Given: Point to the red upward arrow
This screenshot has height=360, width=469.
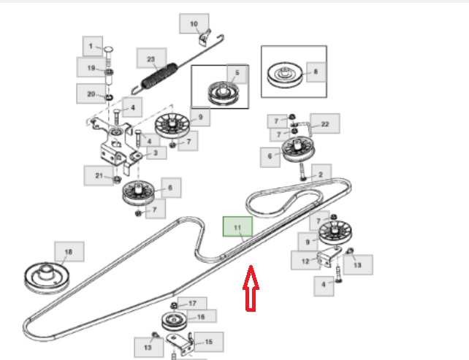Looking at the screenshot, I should (x=250, y=288).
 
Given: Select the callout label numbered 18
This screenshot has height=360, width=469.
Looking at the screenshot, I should (x=69, y=253).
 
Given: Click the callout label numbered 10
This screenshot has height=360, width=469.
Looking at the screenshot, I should (x=194, y=24).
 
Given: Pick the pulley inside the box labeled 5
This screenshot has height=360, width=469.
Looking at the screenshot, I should (x=219, y=92).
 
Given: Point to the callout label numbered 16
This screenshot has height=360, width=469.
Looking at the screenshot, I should (x=202, y=316).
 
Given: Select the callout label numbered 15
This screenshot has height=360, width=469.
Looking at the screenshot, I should (x=208, y=341).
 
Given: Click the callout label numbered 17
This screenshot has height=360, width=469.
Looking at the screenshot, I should (x=193, y=302).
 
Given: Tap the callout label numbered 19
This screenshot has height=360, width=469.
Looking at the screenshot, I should (x=91, y=69).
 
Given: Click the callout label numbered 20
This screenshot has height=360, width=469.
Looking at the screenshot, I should (x=91, y=93).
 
